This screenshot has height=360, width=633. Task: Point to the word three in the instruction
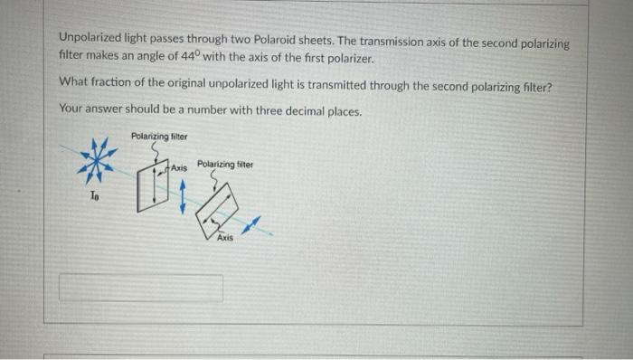click(255, 110)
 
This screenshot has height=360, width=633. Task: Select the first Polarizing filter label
click(159, 136)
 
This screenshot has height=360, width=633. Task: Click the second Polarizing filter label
click(225, 166)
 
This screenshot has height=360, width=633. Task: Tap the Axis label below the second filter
click(224, 237)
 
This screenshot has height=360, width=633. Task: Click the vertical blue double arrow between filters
click(184, 195)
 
